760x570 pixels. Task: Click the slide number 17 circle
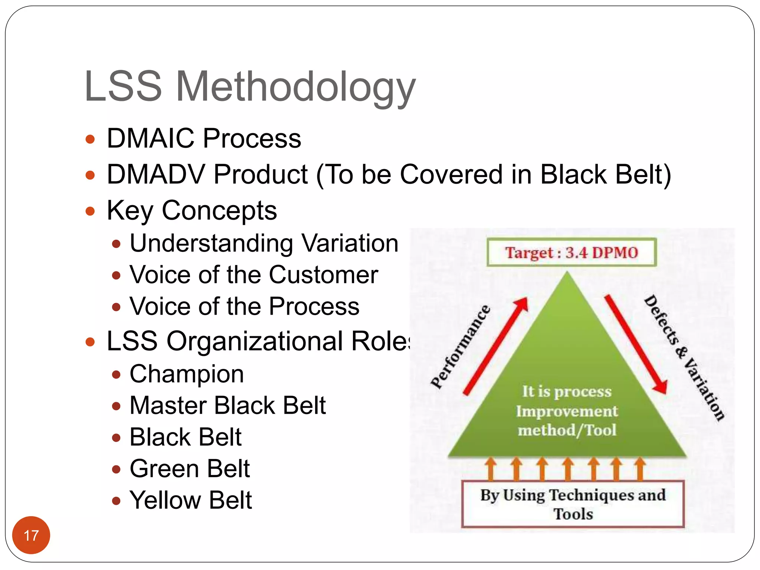tap(31, 535)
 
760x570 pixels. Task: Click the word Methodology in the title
tap(295, 88)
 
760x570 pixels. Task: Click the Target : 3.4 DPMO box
tap(571, 253)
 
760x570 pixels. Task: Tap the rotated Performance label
tap(460, 347)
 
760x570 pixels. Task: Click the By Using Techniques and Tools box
tap(573, 504)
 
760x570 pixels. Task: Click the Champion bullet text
tap(187, 374)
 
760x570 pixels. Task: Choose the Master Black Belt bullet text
tap(227, 406)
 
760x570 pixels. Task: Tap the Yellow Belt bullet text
tap(190, 500)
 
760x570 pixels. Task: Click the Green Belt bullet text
tap(190, 469)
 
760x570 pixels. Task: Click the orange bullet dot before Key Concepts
tap(90, 211)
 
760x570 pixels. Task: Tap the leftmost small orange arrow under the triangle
tap(491, 469)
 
